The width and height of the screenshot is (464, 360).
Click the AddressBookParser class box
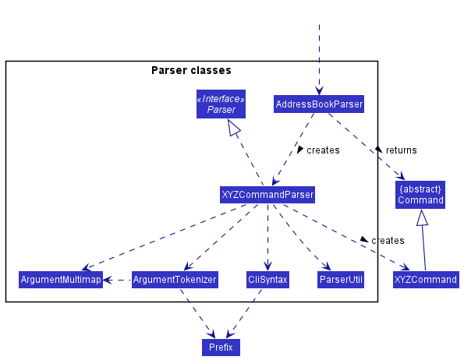coord(319,104)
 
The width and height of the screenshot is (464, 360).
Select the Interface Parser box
coord(221,104)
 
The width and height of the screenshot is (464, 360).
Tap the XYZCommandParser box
coord(267,195)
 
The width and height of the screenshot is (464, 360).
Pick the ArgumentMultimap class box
coord(61,280)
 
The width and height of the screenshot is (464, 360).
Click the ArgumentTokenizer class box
coord(175,280)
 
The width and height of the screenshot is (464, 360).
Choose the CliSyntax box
coord(267,280)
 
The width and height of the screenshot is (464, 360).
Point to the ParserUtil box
coord(341,280)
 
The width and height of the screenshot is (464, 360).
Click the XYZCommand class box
coord(426,280)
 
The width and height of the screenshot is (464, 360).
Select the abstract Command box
coord(420,195)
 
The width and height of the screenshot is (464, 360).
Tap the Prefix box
coord(221,348)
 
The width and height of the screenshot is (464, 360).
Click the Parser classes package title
coord(191,70)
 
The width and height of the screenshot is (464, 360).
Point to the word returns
coord(402,150)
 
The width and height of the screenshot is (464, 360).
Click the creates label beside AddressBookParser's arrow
coord(323,150)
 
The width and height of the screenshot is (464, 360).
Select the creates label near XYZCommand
coord(388,241)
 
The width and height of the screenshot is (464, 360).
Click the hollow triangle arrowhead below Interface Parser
coord(234,127)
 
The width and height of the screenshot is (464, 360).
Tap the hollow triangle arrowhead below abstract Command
coord(422,217)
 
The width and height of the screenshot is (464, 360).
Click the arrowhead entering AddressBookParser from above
coord(319,90)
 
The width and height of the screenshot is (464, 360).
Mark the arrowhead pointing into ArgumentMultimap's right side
coord(108,280)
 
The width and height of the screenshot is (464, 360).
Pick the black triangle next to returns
coord(378,149)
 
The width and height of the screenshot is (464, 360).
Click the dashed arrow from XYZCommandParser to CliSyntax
coord(267,237)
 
